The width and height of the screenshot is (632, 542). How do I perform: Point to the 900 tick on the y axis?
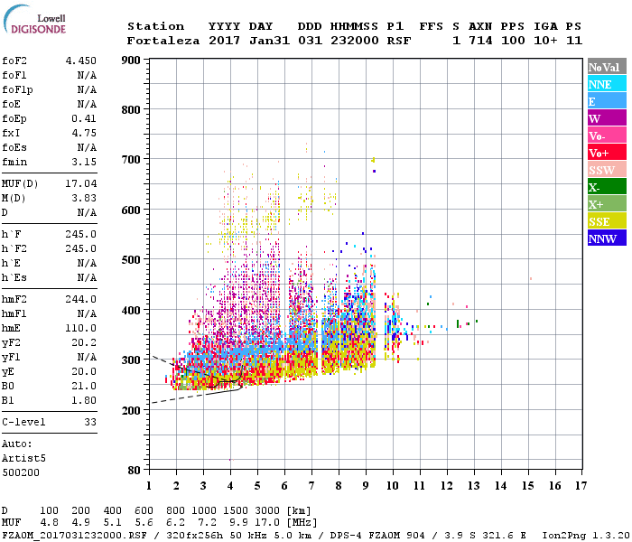(x=131, y=61)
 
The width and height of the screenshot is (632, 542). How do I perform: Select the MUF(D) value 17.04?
(x=80, y=183)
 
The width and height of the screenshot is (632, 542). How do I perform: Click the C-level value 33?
(x=89, y=422)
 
